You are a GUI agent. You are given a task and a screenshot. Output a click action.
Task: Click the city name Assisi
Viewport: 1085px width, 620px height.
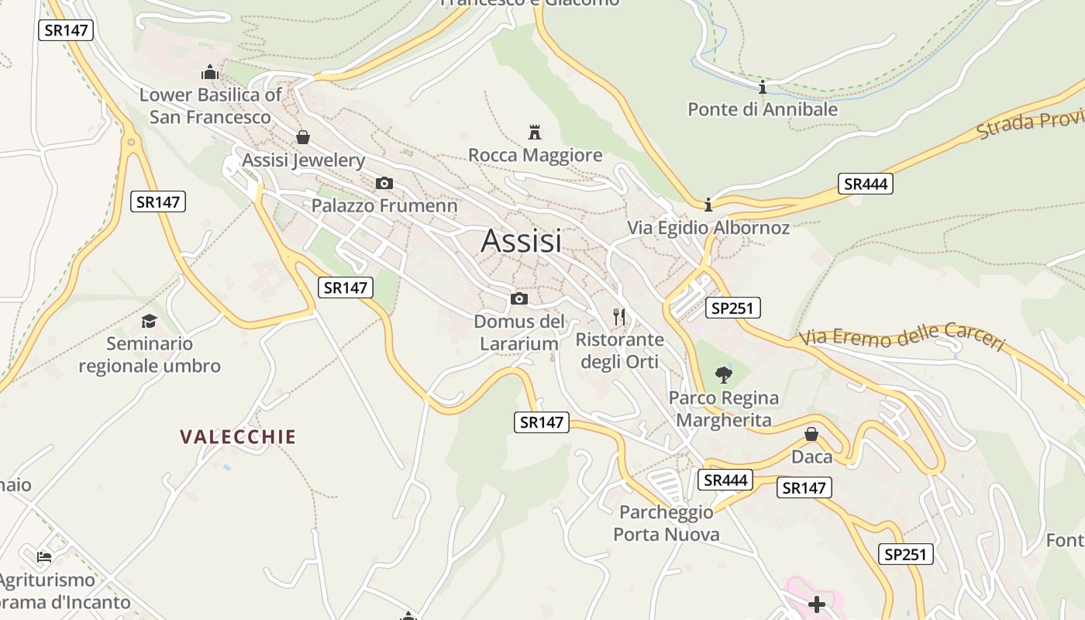tap(521, 241)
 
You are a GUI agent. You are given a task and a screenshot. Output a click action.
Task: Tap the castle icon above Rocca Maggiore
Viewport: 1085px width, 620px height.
tap(534, 132)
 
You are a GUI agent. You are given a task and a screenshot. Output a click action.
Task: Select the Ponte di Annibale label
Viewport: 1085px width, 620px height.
tap(763, 109)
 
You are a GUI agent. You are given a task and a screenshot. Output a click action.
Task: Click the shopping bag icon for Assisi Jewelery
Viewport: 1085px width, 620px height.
tap(303, 137)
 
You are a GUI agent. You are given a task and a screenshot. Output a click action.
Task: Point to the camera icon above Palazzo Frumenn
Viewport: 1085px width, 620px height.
tap(384, 184)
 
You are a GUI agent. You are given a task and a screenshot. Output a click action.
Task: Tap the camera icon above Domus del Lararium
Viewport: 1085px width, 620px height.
tap(518, 299)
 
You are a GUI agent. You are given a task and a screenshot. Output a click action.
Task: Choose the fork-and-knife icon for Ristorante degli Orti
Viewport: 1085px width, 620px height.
tap(618, 316)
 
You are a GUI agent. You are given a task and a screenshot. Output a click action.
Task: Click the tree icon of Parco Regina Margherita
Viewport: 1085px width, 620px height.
tap(723, 375)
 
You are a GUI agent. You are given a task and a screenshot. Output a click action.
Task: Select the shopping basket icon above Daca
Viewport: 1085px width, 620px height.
tap(811, 434)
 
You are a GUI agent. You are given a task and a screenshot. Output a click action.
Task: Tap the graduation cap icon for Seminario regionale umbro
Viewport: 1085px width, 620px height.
tap(149, 321)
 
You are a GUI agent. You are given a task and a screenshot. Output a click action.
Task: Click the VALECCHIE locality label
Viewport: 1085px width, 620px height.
tap(238, 437)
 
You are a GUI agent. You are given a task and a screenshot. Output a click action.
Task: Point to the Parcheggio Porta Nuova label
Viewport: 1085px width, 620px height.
tap(666, 523)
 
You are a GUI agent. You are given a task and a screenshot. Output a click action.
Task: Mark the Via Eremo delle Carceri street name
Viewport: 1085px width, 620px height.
tap(902, 338)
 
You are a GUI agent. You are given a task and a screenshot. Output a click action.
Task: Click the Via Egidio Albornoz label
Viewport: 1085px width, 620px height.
tap(708, 228)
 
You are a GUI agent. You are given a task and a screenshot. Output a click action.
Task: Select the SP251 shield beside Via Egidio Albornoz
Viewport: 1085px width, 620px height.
tap(733, 308)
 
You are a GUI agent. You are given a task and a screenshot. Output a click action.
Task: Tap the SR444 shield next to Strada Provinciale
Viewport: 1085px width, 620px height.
tap(865, 184)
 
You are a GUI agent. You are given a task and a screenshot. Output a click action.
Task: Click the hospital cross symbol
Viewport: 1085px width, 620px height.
tap(817, 604)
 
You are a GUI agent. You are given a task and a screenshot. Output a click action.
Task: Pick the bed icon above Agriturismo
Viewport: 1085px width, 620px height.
tap(44, 556)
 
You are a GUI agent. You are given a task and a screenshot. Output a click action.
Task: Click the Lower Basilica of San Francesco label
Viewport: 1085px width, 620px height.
tap(210, 106)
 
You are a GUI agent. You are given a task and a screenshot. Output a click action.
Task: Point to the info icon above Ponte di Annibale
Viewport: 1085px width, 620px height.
tap(763, 87)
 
